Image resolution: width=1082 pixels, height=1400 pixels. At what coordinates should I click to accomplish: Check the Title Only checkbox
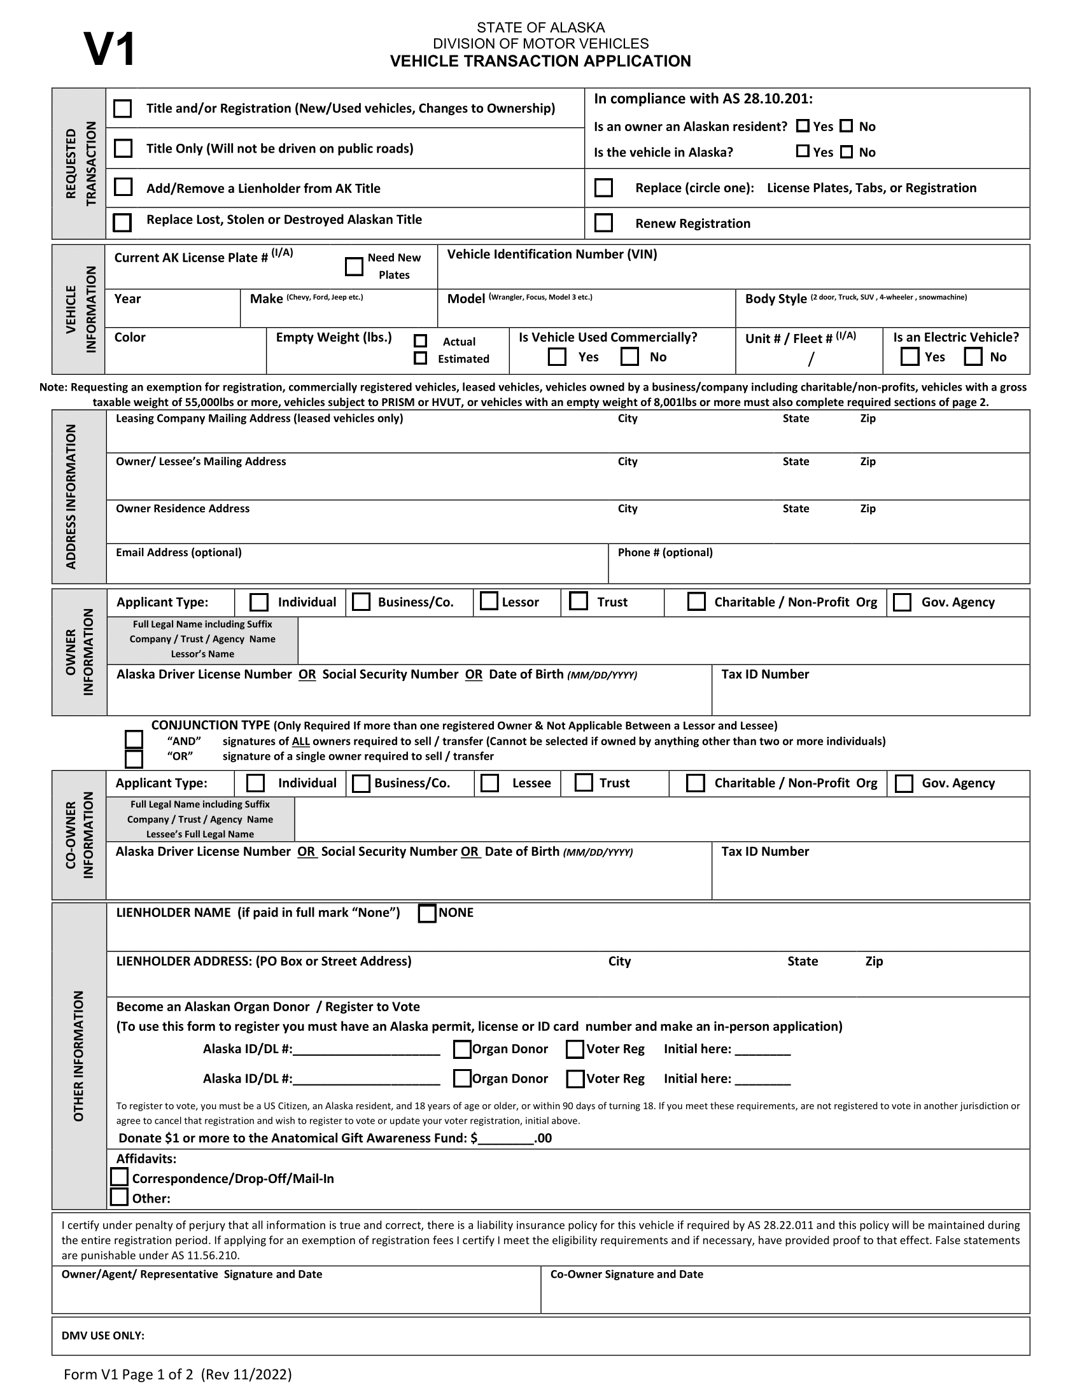[122, 148]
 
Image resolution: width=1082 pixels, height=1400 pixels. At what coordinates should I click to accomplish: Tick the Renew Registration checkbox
[603, 223]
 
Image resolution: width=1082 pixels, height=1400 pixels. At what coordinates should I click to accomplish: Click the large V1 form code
[109, 50]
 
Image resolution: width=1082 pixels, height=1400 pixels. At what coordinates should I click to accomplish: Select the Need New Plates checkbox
[354, 266]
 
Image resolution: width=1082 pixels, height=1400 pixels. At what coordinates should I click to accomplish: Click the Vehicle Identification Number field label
[552, 255]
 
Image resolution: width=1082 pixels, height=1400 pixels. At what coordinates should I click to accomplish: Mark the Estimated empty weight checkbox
[421, 358]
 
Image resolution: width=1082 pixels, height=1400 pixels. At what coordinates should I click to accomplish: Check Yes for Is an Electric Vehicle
[910, 356]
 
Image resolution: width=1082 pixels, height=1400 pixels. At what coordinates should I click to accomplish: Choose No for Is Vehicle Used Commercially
[630, 356]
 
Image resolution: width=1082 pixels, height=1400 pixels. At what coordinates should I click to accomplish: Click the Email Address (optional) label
[179, 552]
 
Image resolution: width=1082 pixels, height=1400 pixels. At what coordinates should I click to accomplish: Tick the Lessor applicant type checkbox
[489, 601]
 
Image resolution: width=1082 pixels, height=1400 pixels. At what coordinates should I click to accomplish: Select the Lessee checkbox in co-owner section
[489, 783]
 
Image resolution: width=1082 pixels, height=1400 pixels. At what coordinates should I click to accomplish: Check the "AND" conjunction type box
[134, 739]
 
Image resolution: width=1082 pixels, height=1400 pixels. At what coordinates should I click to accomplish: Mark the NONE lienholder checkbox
[427, 913]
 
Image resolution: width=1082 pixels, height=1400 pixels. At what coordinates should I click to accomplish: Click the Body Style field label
[776, 298]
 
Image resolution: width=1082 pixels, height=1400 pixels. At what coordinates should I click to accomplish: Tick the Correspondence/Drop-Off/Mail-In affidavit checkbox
[120, 1177]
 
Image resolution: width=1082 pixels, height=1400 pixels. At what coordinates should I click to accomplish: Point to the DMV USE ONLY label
[103, 1336]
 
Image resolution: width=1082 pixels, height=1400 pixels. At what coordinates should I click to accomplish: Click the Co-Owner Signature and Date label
[626, 1275]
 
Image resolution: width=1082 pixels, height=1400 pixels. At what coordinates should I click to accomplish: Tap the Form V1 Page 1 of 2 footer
[178, 1375]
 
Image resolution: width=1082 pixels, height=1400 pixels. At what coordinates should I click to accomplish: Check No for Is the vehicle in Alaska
[846, 152]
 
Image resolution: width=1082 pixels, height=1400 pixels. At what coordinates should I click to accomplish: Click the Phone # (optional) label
[664, 552]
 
